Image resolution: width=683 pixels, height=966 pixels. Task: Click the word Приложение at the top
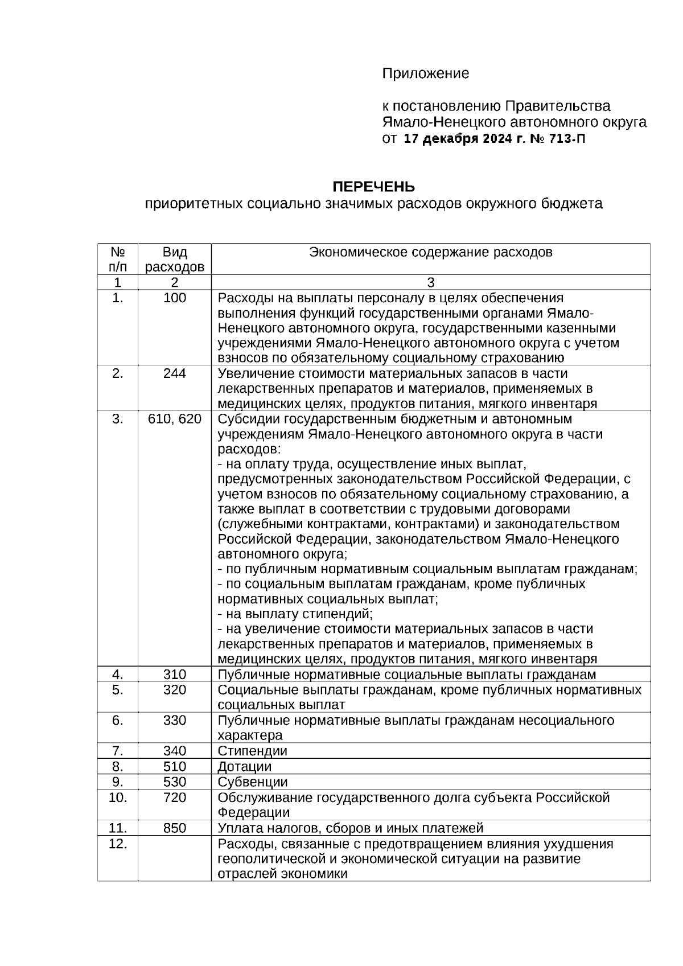[x=425, y=73]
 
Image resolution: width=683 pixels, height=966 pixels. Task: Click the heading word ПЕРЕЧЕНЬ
[x=373, y=187]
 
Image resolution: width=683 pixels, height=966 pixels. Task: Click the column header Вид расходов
[x=174, y=260]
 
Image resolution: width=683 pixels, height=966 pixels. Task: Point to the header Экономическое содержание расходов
[x=430, y=252]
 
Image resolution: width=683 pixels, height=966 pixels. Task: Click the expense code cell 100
[x=174, y=298]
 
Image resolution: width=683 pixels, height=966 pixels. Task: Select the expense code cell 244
[x=174, y=373]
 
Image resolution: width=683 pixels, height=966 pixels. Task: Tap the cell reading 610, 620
[x=174, y=419]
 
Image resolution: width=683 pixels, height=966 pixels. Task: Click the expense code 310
[x=174, y=675]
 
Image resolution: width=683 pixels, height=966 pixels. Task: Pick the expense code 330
[x=174, y=720]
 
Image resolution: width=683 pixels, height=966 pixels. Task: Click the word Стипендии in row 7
[x=252, y=751]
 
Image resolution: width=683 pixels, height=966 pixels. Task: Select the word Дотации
[x=245, y=767]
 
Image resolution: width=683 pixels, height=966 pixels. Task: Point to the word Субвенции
[x=252, y=782]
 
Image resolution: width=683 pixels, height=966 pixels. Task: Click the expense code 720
[x=174, y=798]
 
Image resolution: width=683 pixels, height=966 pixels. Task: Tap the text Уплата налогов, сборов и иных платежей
[x=350, y=828]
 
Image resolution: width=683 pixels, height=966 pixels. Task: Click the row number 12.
[x=117, y=844]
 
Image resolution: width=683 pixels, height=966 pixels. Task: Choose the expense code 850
[x=174, y=828]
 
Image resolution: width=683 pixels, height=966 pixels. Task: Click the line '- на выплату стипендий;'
[x=295, y=614]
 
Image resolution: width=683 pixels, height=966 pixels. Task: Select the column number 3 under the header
[x=430, y=282]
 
